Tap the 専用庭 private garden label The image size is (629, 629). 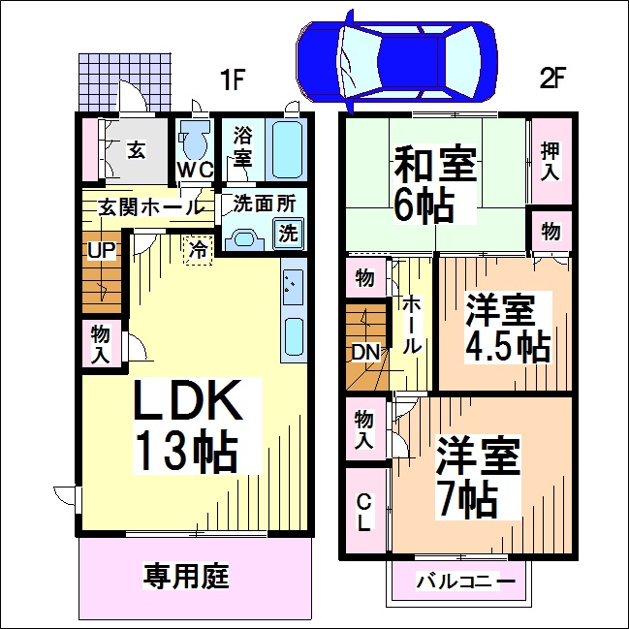click(186, 576)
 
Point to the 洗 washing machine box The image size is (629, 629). click(288, 233)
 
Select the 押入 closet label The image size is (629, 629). click(550, 160)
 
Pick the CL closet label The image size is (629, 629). click(363, 512)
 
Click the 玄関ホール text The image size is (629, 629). click(143, 206)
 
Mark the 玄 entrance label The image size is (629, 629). click(136, 150)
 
